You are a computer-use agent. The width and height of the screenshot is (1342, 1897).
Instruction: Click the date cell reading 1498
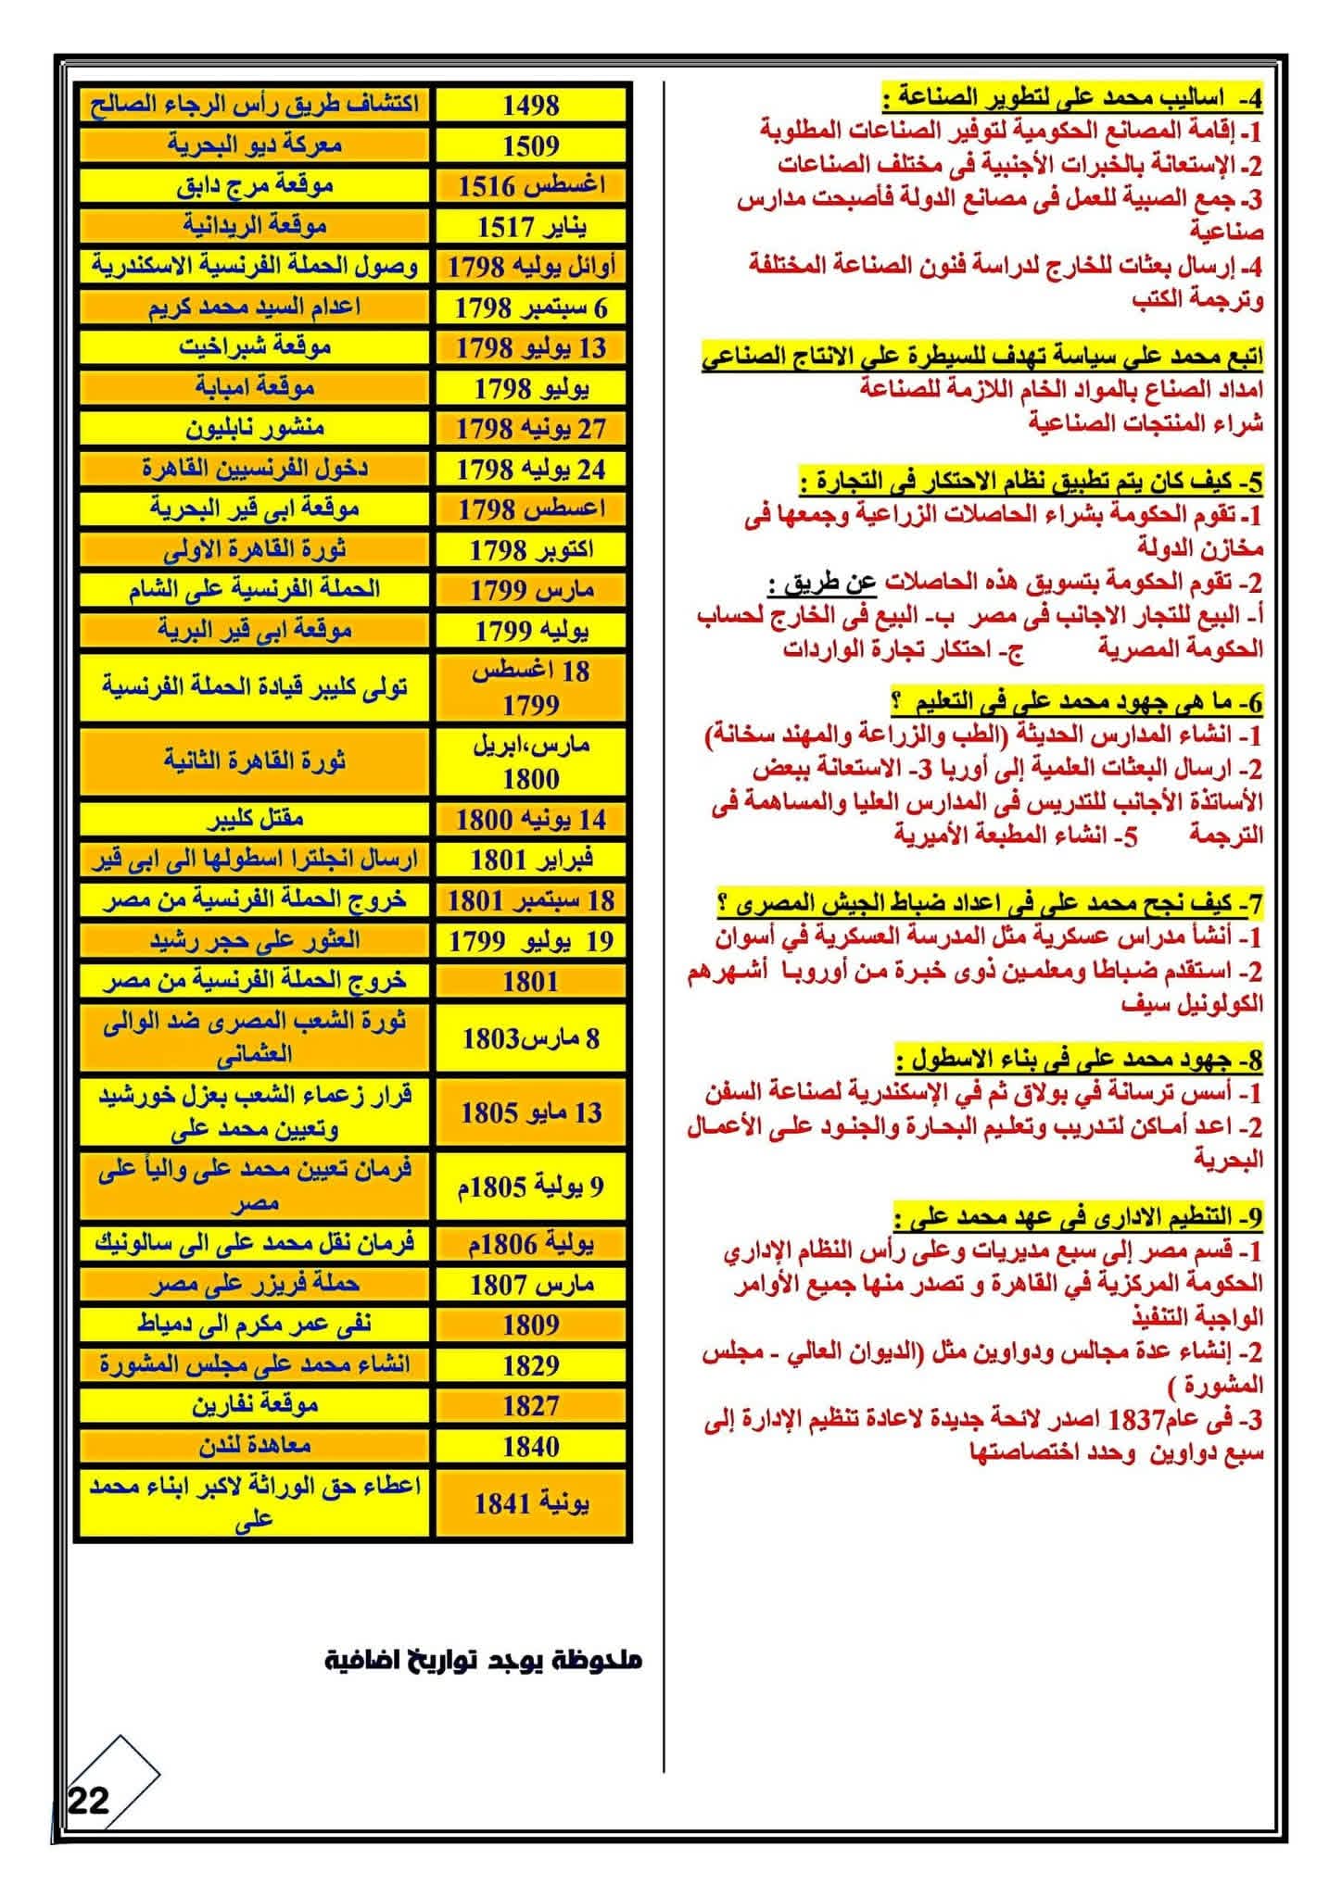(530, 105)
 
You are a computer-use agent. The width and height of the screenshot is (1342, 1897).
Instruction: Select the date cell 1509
(530, 145)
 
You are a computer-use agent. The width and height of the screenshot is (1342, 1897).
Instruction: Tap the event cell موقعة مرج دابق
(255, 185)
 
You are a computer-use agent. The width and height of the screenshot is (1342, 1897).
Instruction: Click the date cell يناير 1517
(530, 226)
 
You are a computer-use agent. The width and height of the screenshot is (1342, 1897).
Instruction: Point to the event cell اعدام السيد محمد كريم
(255, 307)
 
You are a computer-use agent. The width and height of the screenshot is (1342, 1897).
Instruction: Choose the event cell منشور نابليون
(255, 428)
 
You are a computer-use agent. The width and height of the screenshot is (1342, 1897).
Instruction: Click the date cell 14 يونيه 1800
(530, 819)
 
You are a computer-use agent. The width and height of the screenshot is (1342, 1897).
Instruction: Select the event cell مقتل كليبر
(255, 819)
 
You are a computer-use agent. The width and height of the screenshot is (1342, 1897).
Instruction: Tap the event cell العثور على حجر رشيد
(255, 941)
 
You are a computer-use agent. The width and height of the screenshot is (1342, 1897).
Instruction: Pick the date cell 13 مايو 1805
(530, 1112)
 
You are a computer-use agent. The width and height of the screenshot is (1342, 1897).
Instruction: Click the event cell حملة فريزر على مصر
(255, 1284)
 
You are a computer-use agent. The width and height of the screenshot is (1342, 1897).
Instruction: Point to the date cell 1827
(530, 1406)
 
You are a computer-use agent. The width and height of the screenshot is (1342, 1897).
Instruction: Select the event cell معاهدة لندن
(255, 1446)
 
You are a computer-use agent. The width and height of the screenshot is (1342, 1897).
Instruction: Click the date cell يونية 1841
(530, 1503)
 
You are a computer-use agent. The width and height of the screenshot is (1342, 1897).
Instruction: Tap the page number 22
(88, 1801)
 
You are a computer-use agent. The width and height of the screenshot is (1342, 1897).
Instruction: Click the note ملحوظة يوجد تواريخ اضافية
(482, 1660)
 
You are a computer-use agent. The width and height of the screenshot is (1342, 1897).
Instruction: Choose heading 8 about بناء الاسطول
(1080, 1058)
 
